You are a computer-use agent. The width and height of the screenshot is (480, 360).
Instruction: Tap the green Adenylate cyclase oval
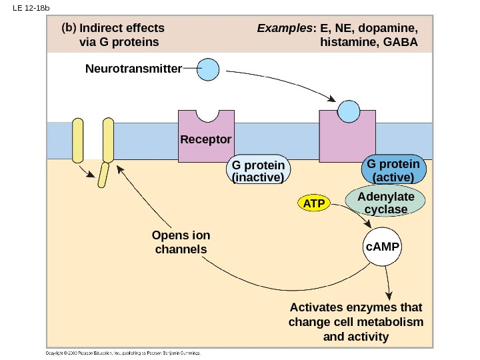[385, 203]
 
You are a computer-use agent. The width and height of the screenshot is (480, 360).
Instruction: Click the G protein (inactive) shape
[257, 171]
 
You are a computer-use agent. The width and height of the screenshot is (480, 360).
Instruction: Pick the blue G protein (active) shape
[393, 170]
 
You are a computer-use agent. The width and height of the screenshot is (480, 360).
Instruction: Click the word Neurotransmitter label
[133, 69]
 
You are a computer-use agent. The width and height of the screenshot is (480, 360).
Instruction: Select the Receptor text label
[205, 140]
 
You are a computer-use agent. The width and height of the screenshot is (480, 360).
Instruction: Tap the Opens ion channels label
[181, 243]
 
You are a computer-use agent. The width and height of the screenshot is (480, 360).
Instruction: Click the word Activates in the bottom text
[314, 307]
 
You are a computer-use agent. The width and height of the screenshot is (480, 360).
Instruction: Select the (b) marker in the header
[68, 29]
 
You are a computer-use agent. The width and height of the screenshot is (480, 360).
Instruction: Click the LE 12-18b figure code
[26, 8]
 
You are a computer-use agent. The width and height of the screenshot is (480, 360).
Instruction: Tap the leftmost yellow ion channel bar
[78, 141]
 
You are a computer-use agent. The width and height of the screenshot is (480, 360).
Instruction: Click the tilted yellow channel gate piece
[103, 175]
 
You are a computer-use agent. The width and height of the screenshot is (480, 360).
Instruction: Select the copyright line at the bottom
[123, 353]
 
